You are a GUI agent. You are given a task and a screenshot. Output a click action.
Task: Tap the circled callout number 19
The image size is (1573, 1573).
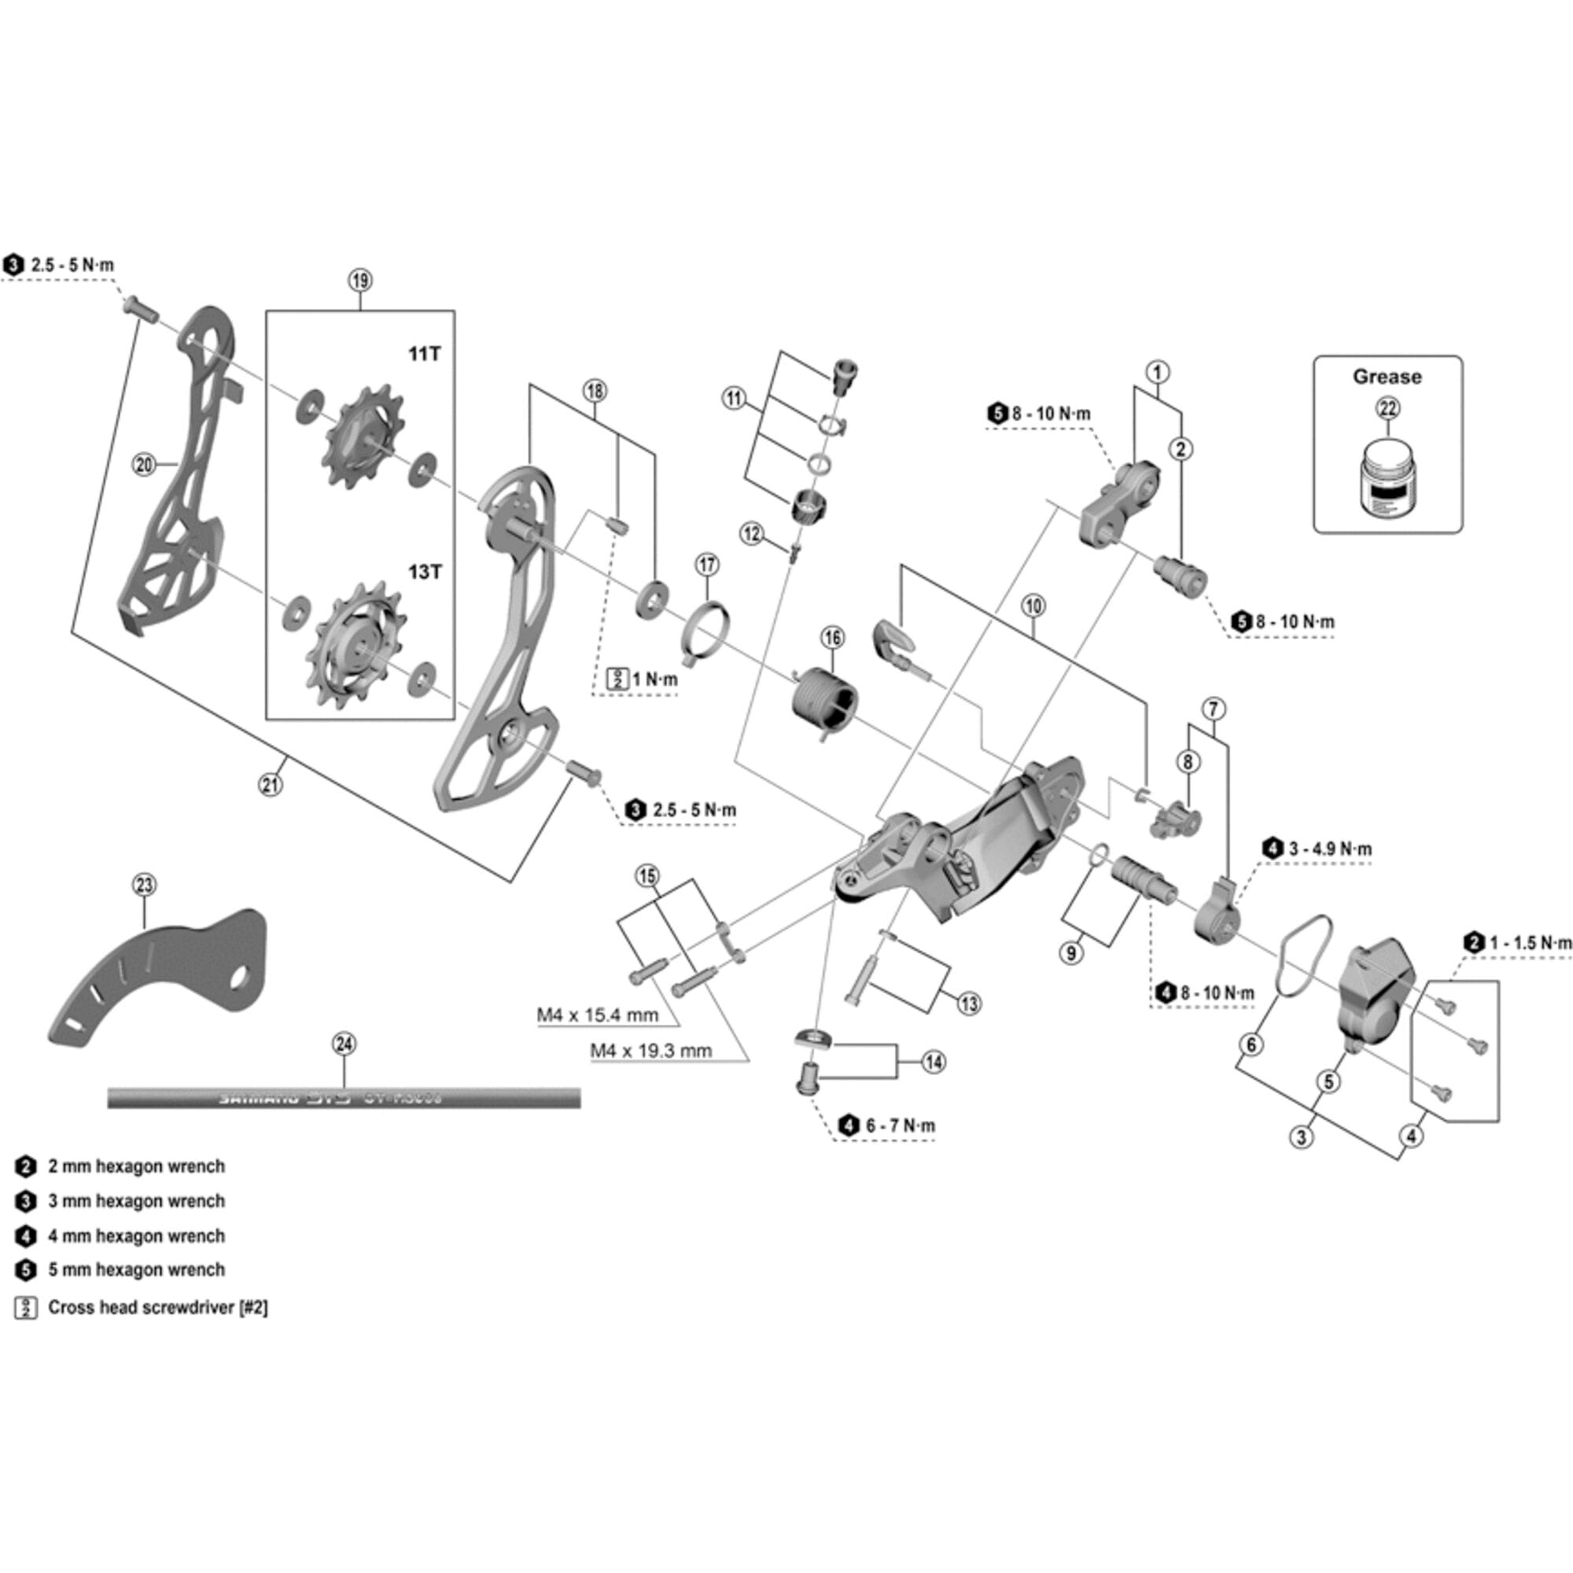(x=360, y=281)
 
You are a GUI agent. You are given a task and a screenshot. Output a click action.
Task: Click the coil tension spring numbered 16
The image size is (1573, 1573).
(x=825, y=699)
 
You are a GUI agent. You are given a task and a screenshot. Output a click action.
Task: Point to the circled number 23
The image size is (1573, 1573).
(x=144, y=885)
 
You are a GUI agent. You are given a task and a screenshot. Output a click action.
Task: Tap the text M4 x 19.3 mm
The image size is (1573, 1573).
(x=650, y=1051)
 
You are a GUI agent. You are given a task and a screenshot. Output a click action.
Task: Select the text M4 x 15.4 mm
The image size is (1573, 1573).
(x=598, y=1015)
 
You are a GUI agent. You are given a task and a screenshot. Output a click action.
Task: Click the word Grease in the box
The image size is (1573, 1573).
(x=1387, y=377)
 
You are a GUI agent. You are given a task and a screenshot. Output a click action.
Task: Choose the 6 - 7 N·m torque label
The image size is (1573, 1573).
(x=900, y=1126)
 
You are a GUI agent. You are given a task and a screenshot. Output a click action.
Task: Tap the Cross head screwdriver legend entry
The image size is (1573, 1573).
(x=157, y=1308)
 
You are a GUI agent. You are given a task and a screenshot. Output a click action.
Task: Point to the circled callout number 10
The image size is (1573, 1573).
(x=1033, y=606)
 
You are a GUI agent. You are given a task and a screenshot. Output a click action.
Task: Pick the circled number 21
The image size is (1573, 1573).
(x=271, y=785)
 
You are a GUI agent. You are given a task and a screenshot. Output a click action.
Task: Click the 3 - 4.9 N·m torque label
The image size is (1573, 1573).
(x=1329, y=849)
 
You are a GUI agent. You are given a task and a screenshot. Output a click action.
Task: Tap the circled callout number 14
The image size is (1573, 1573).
(x=934, y=1062)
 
